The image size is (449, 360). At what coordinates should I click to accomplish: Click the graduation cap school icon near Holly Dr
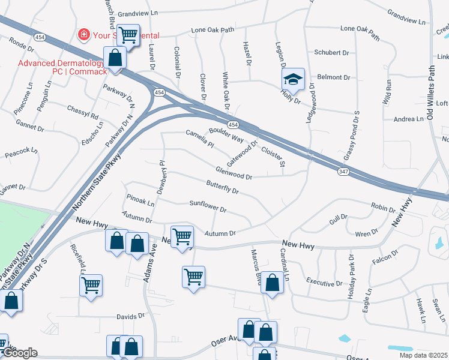[x=293, y=79]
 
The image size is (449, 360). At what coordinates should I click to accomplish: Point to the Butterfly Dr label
[x=223, y=187]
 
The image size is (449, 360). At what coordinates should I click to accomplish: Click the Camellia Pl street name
[x=200, y=139]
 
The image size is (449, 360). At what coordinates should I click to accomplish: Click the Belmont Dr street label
[x=334, y=77]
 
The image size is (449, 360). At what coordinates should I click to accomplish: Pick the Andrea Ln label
[x=409, y=119]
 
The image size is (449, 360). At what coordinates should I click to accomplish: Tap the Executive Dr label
[x=324, y=283]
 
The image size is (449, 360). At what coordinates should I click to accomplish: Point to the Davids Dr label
[x=130, y=316]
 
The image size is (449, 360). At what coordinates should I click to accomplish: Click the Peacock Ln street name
[x=22, y=154]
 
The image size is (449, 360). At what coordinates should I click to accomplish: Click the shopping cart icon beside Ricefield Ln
[x=91, y=284]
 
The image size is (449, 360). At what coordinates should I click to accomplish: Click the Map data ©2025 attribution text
[x=424, y=355]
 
